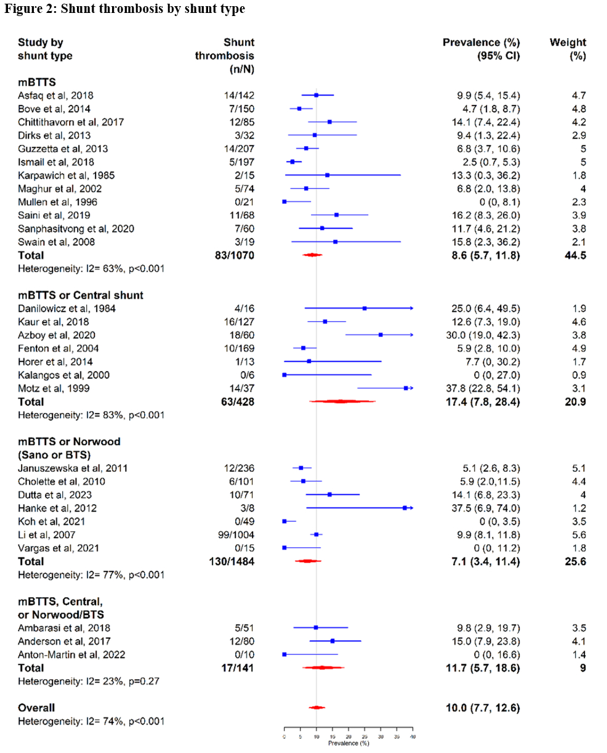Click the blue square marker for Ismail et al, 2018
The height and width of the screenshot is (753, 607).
pyautogui.click(x=292, y=161)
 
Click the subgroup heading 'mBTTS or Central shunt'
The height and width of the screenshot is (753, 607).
pyautogui.click(x=81, y=295)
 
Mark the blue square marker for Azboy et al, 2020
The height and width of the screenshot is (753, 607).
pyautogui.click(x=380, y=335)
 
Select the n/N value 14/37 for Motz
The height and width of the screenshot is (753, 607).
pyautogui.click(x=239, y=388)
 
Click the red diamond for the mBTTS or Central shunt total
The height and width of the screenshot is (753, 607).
pyautogui.click(x=342, y=401)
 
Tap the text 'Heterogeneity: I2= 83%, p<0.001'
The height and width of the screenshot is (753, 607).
pyautogui.click(x=91, y=415)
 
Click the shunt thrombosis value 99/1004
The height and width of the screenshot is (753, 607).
pyautogui.click(x=233, y=535)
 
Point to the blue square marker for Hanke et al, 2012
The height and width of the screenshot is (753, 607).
pyautogui.click(x=404, y=508)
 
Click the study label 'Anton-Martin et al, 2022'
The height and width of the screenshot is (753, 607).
pyautogui.click(x=71, y=654)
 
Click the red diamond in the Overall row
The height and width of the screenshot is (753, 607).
pyautogui.click(x=316, y=708)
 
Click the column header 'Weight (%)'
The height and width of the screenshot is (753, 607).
pyautogui.click(x=568, y=49)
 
